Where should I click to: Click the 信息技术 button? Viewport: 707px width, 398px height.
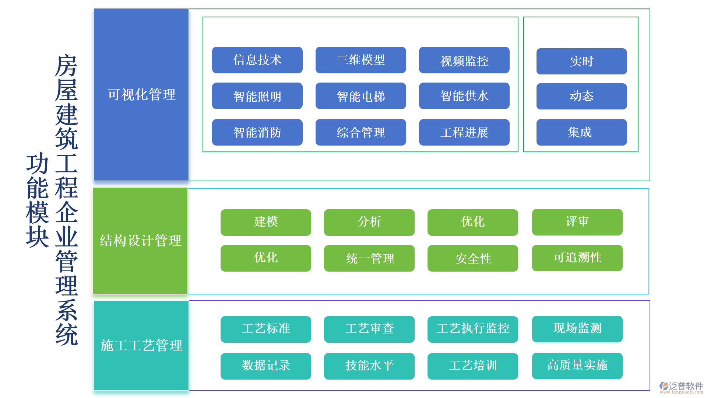(x=257, y=60)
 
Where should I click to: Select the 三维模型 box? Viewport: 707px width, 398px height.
(x=360, y=60)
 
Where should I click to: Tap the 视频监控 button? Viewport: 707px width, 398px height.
(x=464, y=60)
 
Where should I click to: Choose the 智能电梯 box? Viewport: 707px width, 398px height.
(x=360, y=96)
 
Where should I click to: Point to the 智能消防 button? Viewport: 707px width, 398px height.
(x=257, y=132)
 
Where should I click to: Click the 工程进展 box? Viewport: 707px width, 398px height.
(x=464, y=132)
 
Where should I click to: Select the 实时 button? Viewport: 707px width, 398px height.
(x=581, y=61)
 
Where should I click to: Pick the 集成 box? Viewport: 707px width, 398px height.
(x=581, y=132)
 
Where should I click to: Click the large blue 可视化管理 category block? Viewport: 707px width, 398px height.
(x=141, y=95)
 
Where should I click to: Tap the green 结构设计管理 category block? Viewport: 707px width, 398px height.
(x=140, y=241)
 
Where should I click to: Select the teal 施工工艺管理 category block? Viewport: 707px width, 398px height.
(x=141, y=345)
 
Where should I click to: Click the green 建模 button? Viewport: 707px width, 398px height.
(x=265, y=222)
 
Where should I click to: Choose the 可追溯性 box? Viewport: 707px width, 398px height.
(x=577, y=258)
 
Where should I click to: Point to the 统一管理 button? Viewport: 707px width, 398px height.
(x=369, y=258)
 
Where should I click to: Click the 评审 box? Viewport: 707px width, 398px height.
(x=577, y=222)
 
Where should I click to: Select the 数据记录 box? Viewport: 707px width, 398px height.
(x=265, y=366)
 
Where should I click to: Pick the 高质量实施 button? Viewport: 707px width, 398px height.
(x=577, y=366)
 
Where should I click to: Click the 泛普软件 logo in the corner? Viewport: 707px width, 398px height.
(x=681, y=387)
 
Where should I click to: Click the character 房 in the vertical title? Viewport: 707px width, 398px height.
(x=66, y=66)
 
